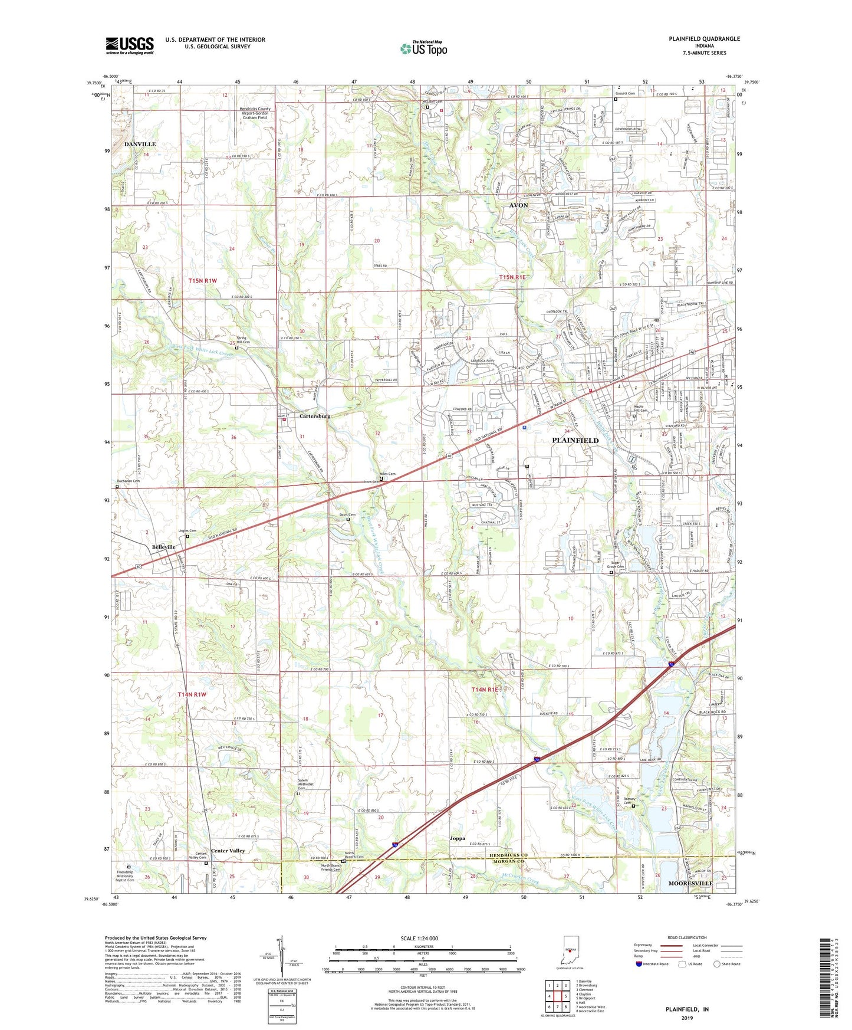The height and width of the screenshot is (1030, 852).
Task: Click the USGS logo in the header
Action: (x=130, y=45)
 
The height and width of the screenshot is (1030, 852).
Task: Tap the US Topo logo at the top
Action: (x=423, y=48)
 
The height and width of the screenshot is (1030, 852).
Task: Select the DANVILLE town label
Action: (x=140, y=144)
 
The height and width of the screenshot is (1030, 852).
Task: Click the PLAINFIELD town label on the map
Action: (x=575, y=441)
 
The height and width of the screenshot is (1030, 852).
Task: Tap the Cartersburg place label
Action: (x=315, y=416)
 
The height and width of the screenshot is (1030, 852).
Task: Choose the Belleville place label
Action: (x=163, y=547)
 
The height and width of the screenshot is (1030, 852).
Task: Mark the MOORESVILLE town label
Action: (x=690, y=883)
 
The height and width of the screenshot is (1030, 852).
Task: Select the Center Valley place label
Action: (x=228, y=851)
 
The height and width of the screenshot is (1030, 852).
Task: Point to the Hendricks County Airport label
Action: (x=255, y=113)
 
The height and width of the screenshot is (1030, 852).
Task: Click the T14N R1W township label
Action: (x=192, y=694)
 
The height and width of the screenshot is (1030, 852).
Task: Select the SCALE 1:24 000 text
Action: (x=419, y=938)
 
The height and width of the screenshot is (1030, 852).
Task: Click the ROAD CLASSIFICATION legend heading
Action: (x=687, y=937)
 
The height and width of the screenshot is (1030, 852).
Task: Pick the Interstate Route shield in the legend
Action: (x=639, y=964)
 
